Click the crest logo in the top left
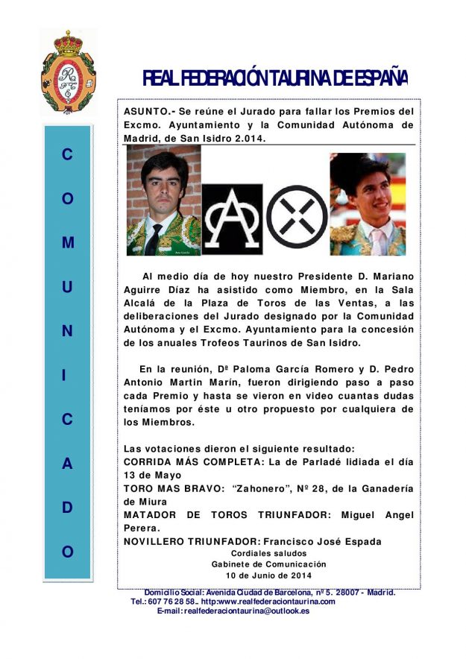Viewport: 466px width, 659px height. tap(68, 72)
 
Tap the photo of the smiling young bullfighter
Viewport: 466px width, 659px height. tap(368, 204)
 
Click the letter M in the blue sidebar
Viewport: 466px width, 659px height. tap(68, 243)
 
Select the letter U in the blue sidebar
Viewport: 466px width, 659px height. tap(68, 287)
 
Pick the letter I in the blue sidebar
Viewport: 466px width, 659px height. tap(68, 376)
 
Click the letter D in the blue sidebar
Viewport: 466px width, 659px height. tap(68, 508)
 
